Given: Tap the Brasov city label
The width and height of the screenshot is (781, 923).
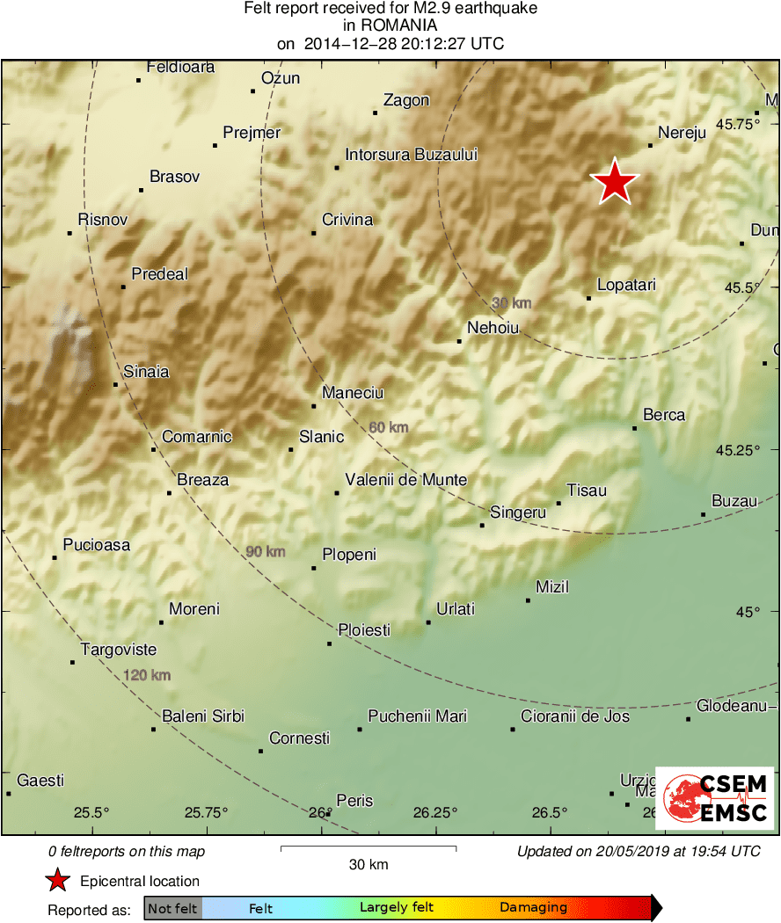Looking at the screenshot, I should (x=174, y=177).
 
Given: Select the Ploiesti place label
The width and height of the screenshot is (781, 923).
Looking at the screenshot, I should (x=364, y=630).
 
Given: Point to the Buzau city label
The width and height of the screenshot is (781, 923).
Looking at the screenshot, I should (x=734, y=501).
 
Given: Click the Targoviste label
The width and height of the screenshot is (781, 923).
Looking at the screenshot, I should (x=119, y=650).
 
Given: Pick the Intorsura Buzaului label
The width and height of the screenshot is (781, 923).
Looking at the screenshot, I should (x=411, y=155).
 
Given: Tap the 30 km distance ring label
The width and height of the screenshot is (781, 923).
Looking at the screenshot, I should (x=511, y=303).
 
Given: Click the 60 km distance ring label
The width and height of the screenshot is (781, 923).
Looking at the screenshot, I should (x=388, y=427).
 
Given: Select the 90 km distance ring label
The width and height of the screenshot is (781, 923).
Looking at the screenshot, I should (x=265, y=552).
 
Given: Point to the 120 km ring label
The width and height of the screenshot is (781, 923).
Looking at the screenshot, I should (x=147, y=675).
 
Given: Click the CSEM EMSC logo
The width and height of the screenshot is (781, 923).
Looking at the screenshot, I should (x=719, y=798).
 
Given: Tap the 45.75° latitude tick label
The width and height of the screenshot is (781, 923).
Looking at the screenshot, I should (x=737, y=125).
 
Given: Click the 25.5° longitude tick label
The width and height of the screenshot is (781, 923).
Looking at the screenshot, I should (x=91, y=812).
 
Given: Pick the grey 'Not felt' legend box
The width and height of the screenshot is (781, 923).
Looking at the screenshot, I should (x=172, y=908).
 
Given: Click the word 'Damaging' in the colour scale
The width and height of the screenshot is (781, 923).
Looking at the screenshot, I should (x=533, y=908).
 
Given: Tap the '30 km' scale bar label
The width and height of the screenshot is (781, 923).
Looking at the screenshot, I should (x=368, y=864).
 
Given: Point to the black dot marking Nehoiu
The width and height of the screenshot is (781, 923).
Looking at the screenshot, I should (x=459, y=341).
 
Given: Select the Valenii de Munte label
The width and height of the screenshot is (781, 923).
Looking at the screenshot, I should (x=405, y=480).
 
